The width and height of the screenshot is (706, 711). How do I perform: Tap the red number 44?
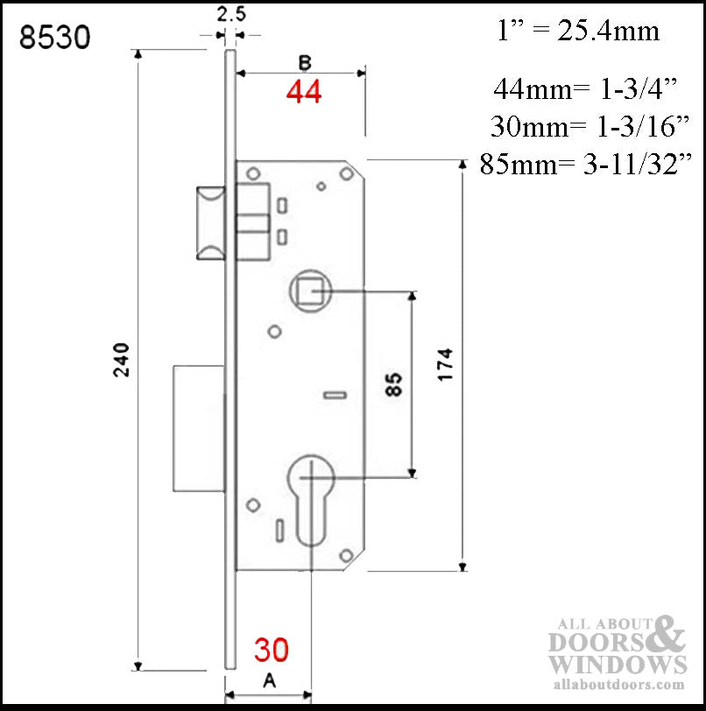pyautogui.click(x=303, y=92)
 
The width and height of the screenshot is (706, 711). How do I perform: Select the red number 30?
pyautogui.click(x=272, y=650)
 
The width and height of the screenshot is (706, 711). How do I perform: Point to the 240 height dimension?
pyautogui.click(x=122, y=359)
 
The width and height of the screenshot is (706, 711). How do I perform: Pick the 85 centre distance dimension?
pyautogui.click(x=394, y=385)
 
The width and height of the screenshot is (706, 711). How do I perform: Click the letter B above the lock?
pyautogui.click(x=304, y=62)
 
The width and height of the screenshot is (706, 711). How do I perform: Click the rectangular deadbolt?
pyautogui.click(x=200, y=428)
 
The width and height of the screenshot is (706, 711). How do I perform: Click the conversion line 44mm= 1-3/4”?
pyautogui.click(x=587, y=88)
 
